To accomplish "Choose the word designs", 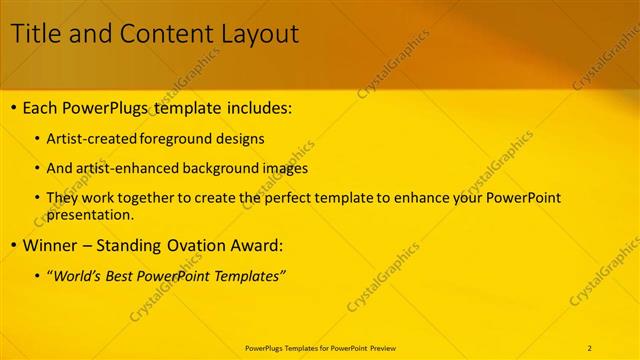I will (x=243, y=139).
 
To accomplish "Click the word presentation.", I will (x=90, y=214).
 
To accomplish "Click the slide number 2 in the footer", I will (x=590, y=347).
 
